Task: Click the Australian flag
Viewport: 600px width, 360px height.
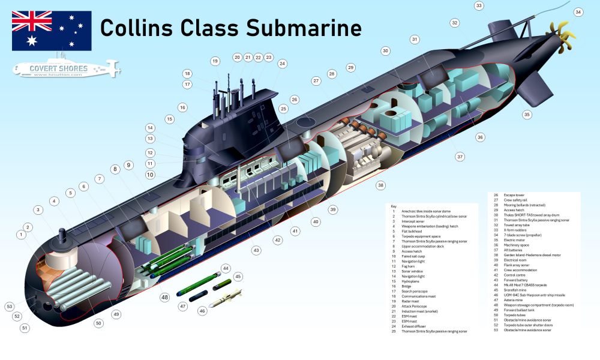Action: (52, 31)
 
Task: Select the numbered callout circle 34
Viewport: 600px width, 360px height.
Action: (578, 12)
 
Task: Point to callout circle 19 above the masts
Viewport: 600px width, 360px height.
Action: (215, 61)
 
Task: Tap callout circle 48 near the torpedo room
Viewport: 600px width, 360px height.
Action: (164, 297)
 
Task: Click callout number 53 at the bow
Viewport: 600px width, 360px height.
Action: (10, 307)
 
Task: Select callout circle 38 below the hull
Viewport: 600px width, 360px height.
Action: (380, 185)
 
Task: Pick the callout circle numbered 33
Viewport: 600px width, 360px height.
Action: (479, 6)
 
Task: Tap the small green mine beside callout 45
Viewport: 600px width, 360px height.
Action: (222, 284)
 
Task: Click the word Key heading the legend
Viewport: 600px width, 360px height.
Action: (394, 206)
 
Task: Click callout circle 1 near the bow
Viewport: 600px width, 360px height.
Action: (22, 235)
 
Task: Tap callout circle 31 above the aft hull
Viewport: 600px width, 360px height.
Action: (414, 40)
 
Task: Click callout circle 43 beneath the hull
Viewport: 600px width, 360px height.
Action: (256, 250)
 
